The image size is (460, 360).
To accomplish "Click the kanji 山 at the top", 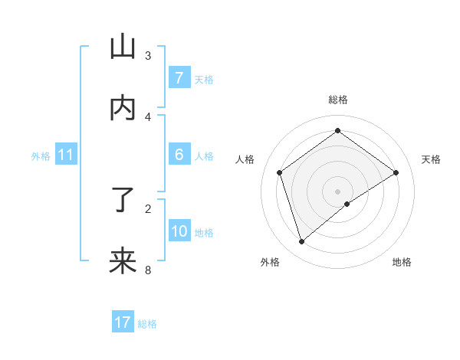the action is (123, 47).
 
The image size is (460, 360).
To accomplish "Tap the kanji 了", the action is (123, 201).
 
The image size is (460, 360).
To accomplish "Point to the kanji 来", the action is (123, 260).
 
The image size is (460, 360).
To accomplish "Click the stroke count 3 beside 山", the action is (148, 55).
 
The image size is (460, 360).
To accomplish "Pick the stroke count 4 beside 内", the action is (148, 116).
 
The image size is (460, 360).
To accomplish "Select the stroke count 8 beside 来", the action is (148, 270).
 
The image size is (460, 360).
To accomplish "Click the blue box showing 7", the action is (179, 78).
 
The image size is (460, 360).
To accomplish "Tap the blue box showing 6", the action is (179, 155).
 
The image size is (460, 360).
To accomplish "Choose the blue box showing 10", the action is (179, 231).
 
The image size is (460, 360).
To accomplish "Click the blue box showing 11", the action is (65, 155).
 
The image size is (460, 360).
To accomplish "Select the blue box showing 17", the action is (123, 322).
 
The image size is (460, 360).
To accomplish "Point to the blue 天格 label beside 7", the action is (204, 79).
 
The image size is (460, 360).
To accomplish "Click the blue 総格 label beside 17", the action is (147, 323).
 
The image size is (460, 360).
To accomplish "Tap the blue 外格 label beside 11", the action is (41, 155).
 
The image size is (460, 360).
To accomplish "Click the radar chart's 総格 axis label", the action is (338, 100).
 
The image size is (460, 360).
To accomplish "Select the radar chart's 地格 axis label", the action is (402, 262).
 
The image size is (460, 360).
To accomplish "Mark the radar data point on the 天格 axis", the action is (396, 172).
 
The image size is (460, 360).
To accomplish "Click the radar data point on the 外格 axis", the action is (302, 242).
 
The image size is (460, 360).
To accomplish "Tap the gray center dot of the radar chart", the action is (338, 191).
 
